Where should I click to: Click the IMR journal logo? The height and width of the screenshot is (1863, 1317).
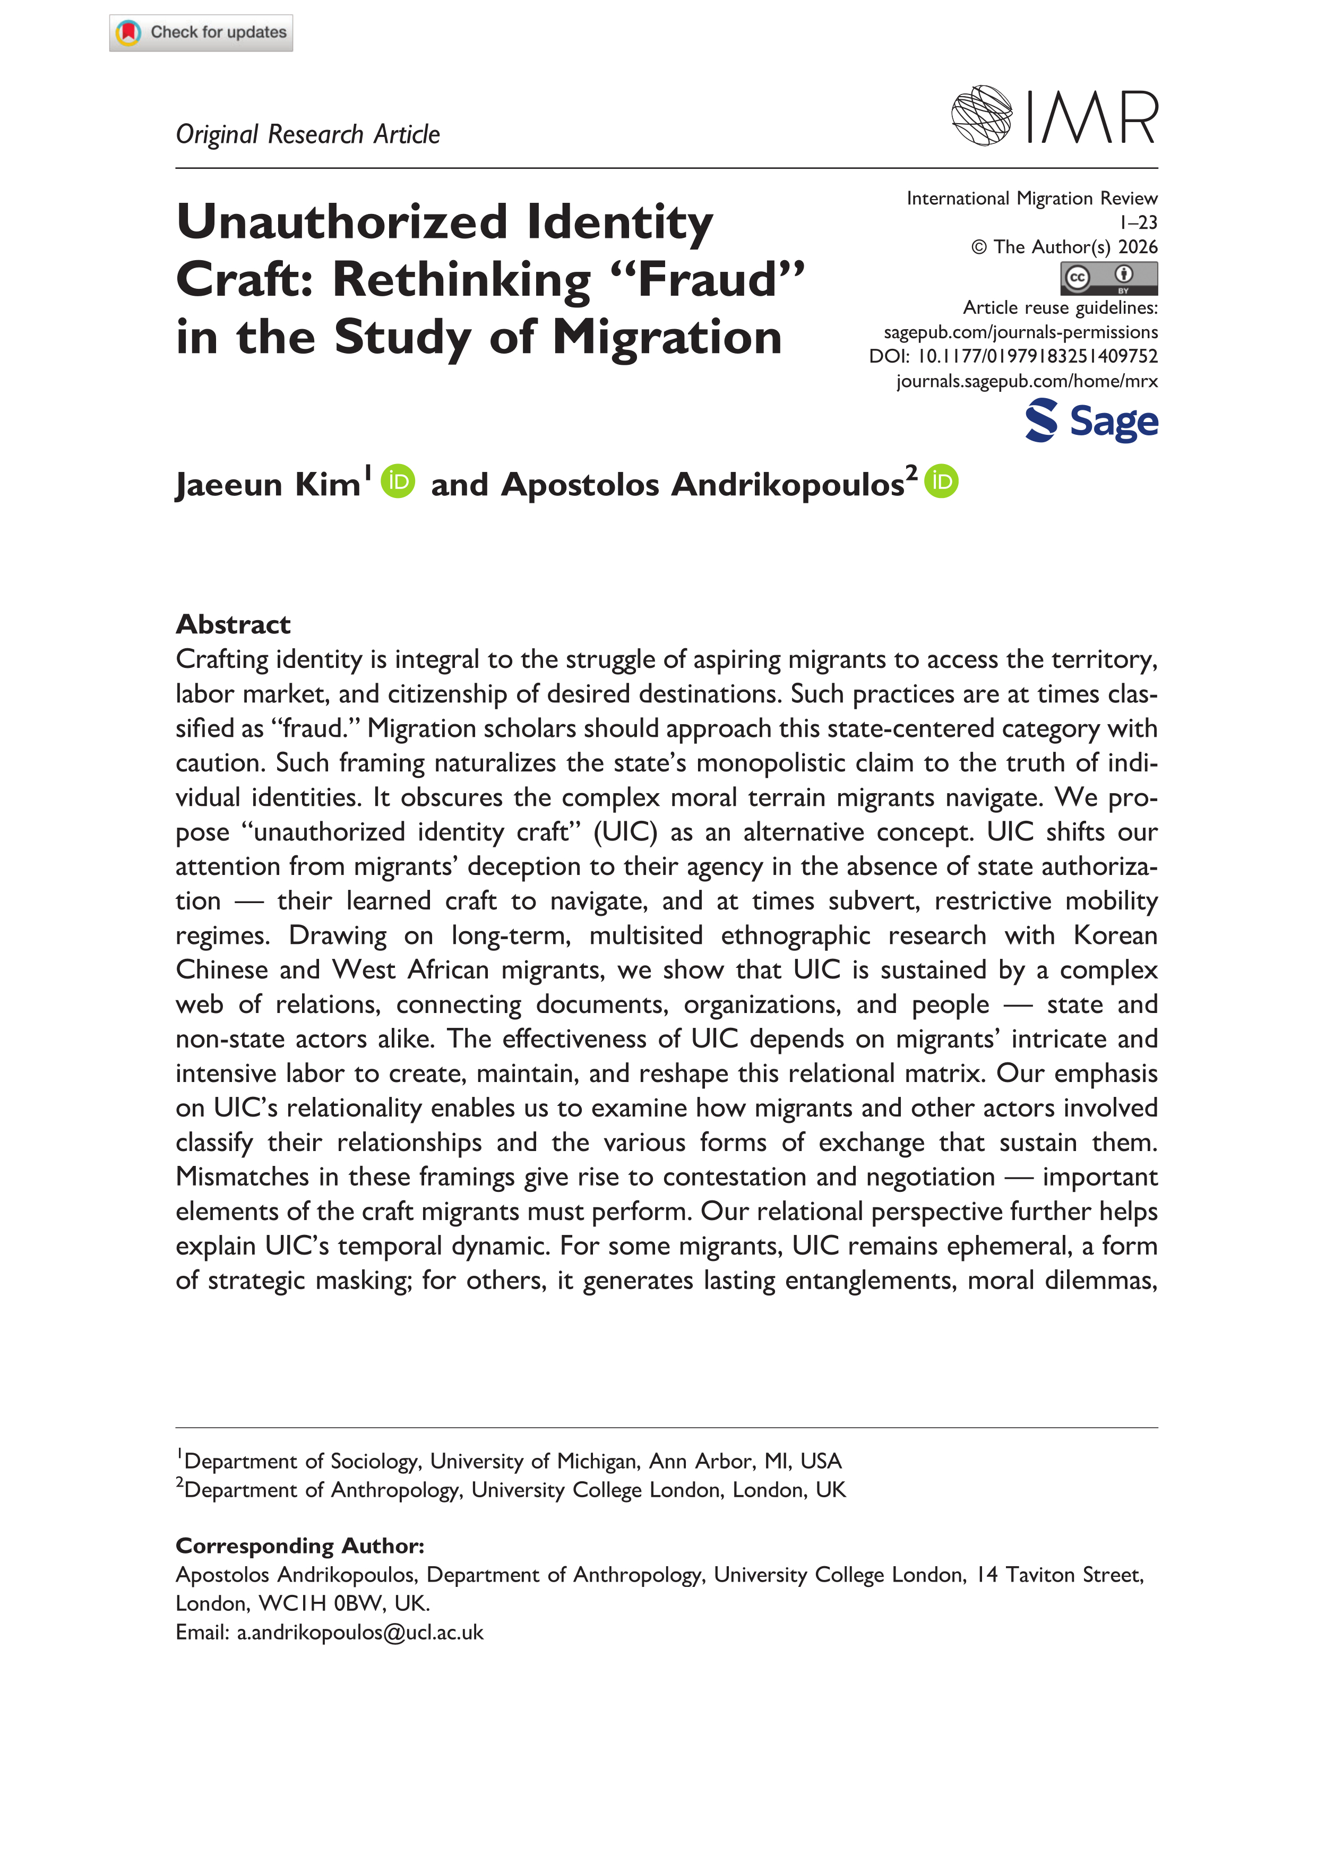coord(1054,116)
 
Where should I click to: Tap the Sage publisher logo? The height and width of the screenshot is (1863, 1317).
coord(1091,421)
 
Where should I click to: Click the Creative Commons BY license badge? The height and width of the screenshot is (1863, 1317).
coord(1108,278)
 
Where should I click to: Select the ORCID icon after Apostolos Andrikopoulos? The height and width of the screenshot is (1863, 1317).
coord(941,481)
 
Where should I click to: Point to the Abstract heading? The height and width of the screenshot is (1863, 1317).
coord(233,624)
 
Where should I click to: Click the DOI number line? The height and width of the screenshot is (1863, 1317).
coord(1013,356)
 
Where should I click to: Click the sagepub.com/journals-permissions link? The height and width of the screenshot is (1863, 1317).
coord(1020,332)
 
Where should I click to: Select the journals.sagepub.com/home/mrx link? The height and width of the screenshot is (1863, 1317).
coord(1027,381)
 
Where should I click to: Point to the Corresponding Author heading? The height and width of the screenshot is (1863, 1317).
coord(299,1545)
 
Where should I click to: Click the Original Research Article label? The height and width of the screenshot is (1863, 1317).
coord(307,134)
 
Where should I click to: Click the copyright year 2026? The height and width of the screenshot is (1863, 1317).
coord(1138,247)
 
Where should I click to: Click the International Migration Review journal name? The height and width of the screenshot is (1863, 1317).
coord(1031,198)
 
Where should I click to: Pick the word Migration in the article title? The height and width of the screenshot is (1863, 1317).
coord(667,337)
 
